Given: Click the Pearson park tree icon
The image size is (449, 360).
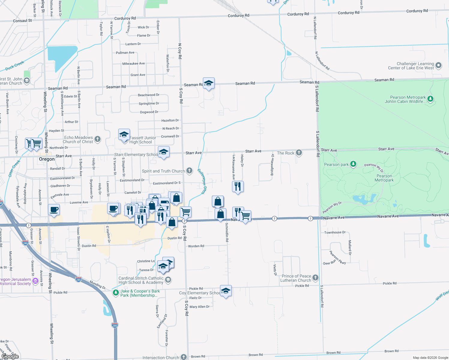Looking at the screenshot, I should tap(353, 164).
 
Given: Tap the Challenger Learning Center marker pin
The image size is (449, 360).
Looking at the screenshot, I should tap(438, 65).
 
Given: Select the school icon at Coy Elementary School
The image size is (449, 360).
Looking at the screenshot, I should tap(226, 291).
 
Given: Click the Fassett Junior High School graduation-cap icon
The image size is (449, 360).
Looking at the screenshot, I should tap(124, 135).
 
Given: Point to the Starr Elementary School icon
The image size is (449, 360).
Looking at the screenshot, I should tap(164, 152).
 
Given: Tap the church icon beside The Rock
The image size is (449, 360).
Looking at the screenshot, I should tap(299, 153).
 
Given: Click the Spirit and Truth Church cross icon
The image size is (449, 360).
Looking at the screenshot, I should tap(189, 171).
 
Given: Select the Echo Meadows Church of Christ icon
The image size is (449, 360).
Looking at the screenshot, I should tap(98, 139).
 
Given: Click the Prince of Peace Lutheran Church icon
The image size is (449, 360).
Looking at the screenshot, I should tap(315, 278).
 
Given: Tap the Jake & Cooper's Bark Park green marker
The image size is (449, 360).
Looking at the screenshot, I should tap(116, 293).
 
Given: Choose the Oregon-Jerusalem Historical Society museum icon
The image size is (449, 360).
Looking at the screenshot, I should tap(35, 281).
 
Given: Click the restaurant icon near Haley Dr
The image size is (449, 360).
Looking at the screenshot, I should tap(238, 186).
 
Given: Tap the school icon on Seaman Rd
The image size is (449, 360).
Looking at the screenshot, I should tap(209, 83).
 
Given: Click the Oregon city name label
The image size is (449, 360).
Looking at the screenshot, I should tap(47, 159).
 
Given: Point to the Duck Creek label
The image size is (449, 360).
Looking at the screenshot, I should tap(15, 66).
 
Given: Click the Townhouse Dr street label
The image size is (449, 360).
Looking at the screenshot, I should tap(335, 232).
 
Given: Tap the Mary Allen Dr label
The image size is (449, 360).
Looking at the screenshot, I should tap(200, 307).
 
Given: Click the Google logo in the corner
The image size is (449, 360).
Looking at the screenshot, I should tap(10, 356).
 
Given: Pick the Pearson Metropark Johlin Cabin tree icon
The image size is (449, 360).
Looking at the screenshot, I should tap(430, 99).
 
